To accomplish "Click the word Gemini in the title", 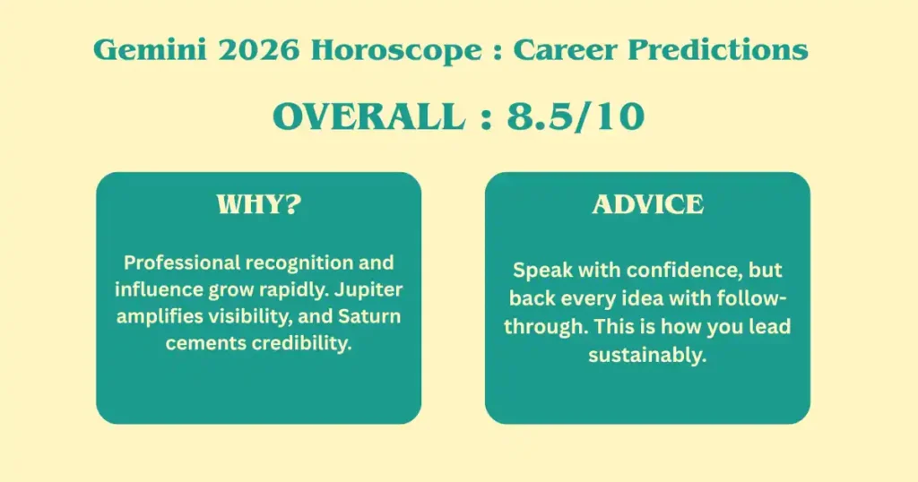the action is coord(150,49).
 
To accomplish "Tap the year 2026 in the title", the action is coord(259,49).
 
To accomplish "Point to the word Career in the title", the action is coord(565,49).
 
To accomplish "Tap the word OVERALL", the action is coord(368,116).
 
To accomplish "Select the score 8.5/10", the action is coord(576,116).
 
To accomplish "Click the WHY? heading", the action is coord(259,204).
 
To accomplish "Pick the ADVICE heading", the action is coord(647,204).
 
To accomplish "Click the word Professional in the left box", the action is coord(181,263).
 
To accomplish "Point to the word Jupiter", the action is coord(368,289).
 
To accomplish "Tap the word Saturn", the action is coord(369,316).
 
